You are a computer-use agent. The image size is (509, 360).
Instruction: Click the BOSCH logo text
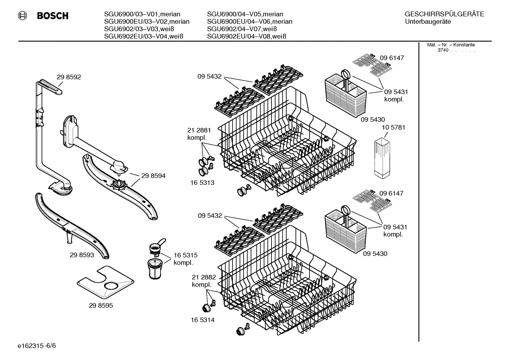click(x=53, y=16)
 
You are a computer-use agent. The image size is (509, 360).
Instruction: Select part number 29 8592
click(x=69, y=77)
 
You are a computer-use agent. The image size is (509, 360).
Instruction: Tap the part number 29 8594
click(x=153, y=176)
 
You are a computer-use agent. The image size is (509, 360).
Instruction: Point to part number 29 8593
click(x=82, y=255)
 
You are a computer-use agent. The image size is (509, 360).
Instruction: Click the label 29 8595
click(x=101, y=306)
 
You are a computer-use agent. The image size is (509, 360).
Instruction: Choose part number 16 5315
click(x=185, y=255)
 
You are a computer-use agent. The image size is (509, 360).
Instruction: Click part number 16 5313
click(x=203, y=183)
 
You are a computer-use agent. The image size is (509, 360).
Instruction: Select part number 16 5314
click(x=203, y=320)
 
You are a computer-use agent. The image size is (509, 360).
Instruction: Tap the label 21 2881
click(x=199, y=130)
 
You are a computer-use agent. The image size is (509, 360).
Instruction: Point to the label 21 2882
click(x=204, y=277)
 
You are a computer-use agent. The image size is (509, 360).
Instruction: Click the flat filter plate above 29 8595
click(x=106, y=281)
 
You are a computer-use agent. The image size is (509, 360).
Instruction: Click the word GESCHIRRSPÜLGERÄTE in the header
click(x=444, y=14)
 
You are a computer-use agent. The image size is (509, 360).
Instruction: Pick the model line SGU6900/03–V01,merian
click(x=142, y=14)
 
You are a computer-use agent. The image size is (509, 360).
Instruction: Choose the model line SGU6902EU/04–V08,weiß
click(x=246, y=36)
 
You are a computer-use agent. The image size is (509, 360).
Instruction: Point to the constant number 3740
click(x=443, y=50)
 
